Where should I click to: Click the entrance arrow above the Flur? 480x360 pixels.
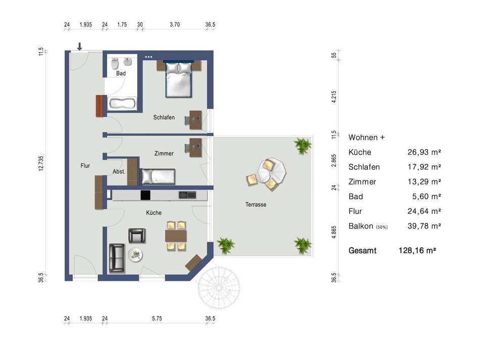click(x=80, y=47)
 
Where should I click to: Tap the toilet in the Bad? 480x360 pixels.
click(x=115, y=63)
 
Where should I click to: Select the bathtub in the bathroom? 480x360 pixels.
click(x=122, y=104)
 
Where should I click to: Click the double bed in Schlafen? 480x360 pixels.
click(x=179, y=79)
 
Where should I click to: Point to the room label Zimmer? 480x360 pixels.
click(x=164, y=154)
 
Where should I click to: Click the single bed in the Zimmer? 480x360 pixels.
click(x=158, y=177)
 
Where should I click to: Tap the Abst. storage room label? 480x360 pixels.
click(x=119, y=171)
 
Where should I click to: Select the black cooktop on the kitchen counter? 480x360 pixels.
click(x=146, y=195)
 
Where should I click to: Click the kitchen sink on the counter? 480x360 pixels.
click(x=187, y=195)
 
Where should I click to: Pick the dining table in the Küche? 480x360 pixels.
click(x=176, y=236)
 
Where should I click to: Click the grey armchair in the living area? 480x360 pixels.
click(x=137, y=236)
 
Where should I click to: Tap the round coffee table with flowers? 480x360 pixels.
click(x=135, y=254)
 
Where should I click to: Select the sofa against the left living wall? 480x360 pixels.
click(x=117, y=258)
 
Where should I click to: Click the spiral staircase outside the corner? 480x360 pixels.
click(x=219, y=288)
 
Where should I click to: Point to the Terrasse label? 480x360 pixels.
click(x=256, y=204)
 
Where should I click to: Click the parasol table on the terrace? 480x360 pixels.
click(x=271, y=171)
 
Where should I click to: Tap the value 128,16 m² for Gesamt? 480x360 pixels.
click(x=417, y=251)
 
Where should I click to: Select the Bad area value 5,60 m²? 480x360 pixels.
click(x=426, y=196)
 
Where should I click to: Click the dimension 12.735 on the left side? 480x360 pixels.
click(x=41, y=163)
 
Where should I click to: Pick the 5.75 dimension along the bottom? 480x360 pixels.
click(x=157, y=319)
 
